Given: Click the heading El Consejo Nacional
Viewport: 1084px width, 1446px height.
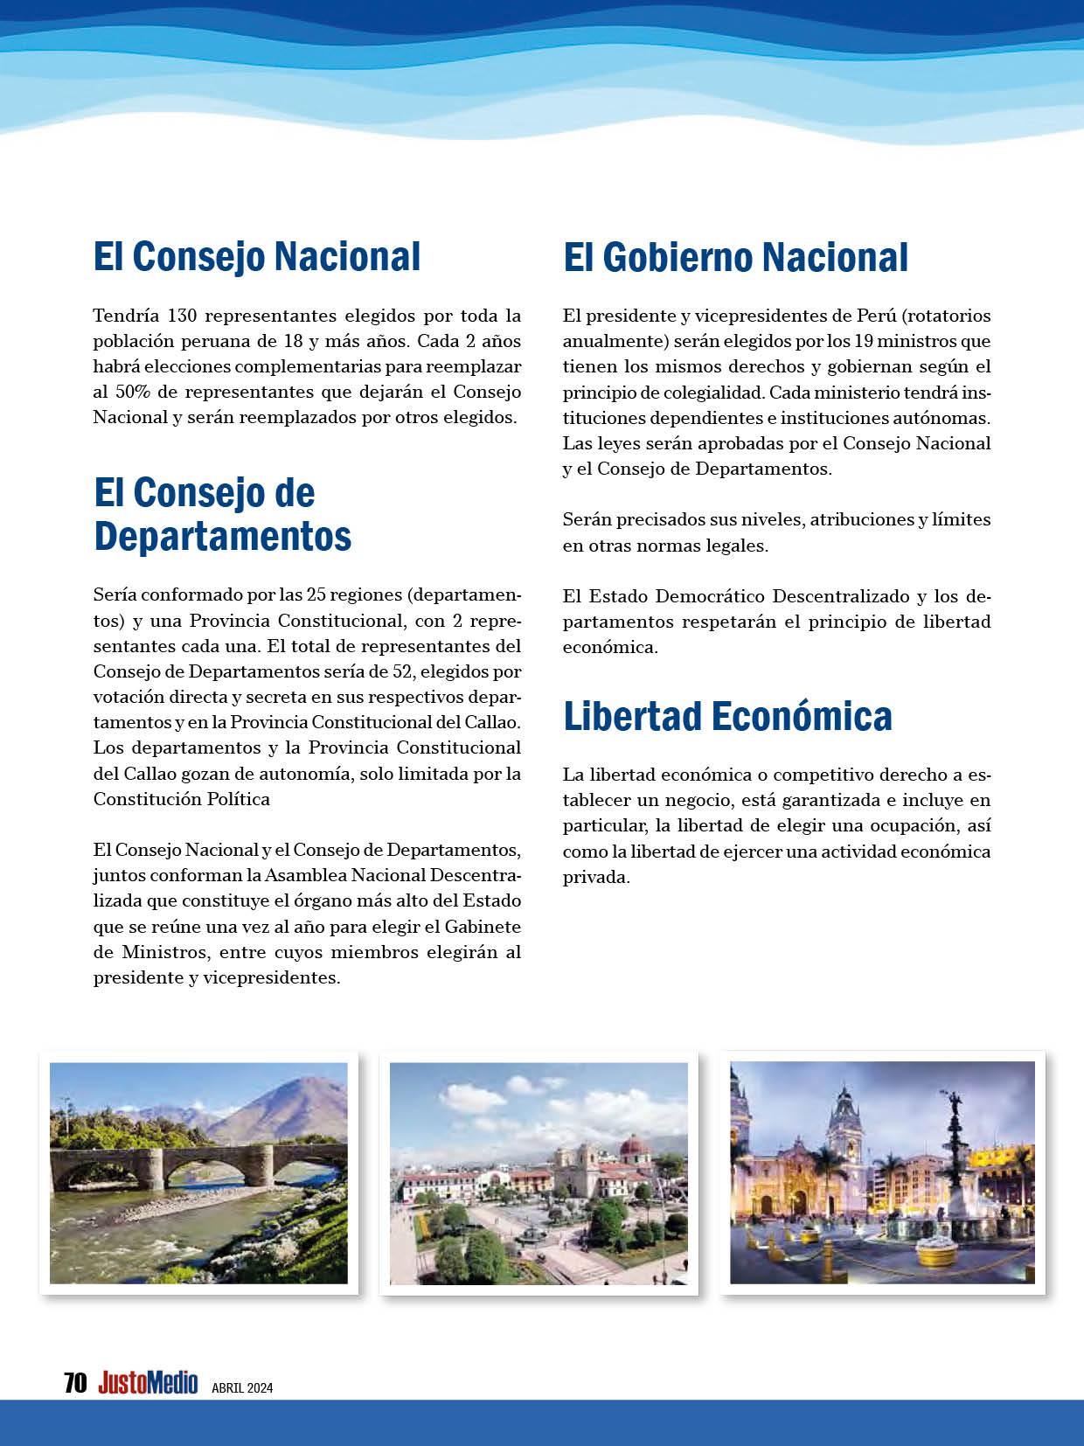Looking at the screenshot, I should [x=257, y=256].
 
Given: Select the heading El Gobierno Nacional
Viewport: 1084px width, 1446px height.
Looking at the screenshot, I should [x=735, y=257].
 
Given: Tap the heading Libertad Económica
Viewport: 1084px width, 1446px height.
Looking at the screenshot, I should [x=727, y=715].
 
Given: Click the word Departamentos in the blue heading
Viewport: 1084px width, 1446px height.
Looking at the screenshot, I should [x=222, y=535].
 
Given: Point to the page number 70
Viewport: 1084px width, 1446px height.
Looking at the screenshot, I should [x=75, y=1382].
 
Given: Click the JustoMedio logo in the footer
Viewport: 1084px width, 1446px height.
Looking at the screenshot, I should [x=148, y=1382].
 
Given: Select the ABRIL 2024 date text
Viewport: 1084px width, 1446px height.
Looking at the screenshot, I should [x=242, y=1387].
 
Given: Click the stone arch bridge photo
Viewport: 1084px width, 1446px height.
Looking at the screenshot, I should [x=198, y=1171].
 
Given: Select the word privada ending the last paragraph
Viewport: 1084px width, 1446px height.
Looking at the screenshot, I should [x=595, y=877].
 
